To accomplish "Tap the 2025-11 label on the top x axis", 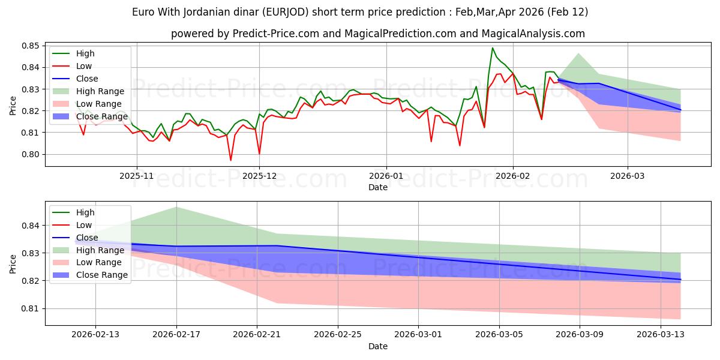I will [137, 176].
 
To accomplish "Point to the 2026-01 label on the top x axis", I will [386, 176].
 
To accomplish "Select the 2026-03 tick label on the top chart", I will [628, 176].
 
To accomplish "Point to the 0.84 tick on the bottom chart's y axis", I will [31, 226].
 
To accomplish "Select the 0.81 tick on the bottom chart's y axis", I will [31, 308].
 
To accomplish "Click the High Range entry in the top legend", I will [100, 91].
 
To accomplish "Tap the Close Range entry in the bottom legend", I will [102, 275].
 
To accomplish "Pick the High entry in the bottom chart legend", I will [86, 212].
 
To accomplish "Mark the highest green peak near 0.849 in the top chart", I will [493, 48].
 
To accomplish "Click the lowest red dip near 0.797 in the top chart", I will [230, 160].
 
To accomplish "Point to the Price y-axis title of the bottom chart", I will [13, 263].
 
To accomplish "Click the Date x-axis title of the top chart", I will [378, 187].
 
